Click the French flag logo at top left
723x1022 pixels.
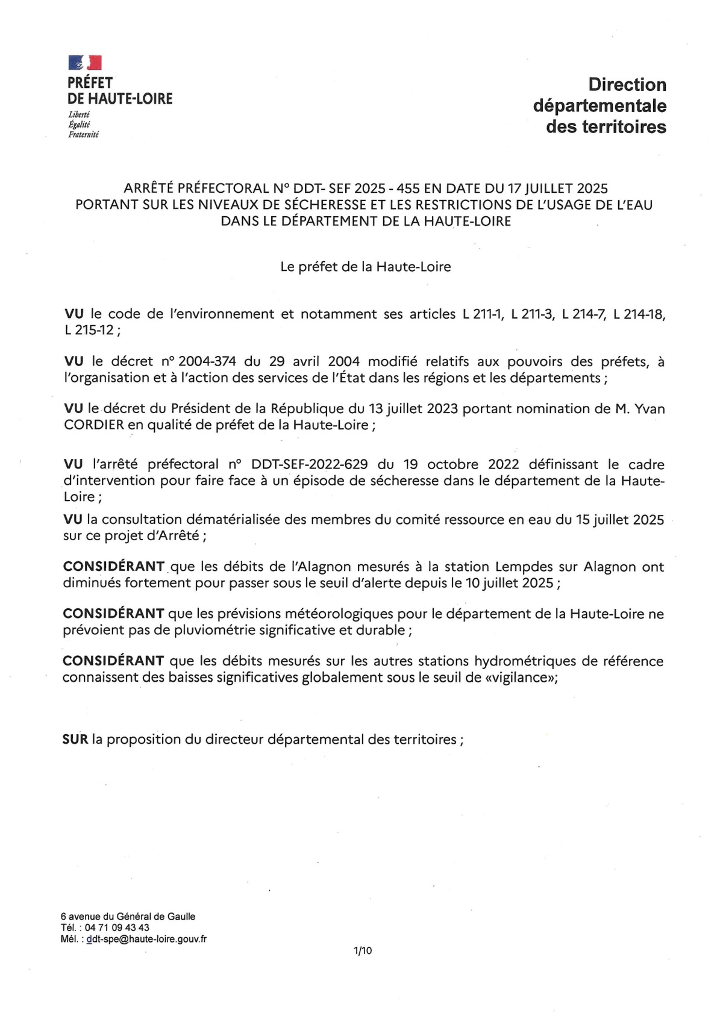(85, 62)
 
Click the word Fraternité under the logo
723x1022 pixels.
(83, 135)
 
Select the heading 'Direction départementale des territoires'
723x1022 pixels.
(599, 105)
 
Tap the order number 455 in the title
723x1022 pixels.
(408, 189)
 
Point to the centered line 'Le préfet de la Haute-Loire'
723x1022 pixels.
(365, 266)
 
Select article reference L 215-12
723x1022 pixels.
(89, 330)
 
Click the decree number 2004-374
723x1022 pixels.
(206, 361)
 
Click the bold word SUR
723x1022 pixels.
(75, 739)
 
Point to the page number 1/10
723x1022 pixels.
(363, 951)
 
